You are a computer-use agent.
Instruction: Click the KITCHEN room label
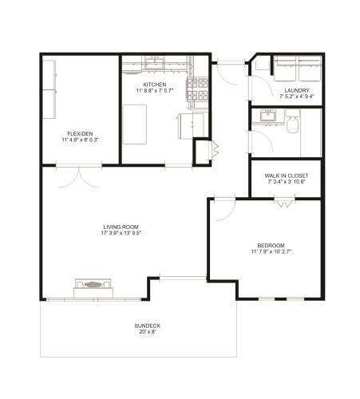point(154,85)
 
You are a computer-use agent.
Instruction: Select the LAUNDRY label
point(297,90)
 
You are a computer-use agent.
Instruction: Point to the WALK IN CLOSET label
point(286,176)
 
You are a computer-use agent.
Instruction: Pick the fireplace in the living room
point(94,286)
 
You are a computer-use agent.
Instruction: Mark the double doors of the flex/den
point(79,175)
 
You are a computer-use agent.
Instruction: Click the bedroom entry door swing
point(223,205)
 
